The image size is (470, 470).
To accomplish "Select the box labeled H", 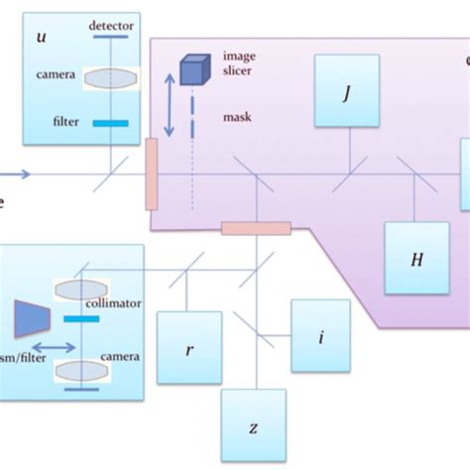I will pyautogui.click(x=416, y=259).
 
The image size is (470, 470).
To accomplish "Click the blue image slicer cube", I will pyautogui.click(x=192, y=68).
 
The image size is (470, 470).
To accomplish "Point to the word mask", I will pyautogui.click(x=238, y=117).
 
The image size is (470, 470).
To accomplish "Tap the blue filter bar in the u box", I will pyautogui.click(x=112, y=123).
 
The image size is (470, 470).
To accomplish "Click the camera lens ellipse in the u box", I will pyautogui.click(x=112, y=77).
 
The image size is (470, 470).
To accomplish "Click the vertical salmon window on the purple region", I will pyautogui.click(x=152, y=174).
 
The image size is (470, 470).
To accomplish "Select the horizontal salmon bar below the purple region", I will pyautogui.click(x=256, y=229).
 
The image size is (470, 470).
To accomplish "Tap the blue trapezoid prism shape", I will pyautogui.click(x=31, y=315).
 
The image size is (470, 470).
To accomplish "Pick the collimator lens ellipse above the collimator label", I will pyautogui.click(x=81, y=288).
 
